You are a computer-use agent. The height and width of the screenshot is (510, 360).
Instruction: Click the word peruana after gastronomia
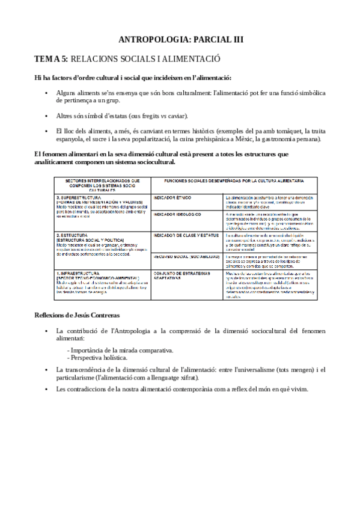(x=308, y=140)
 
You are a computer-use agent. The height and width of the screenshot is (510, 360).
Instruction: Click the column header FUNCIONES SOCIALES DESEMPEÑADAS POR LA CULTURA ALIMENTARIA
(x=234, y=180)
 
